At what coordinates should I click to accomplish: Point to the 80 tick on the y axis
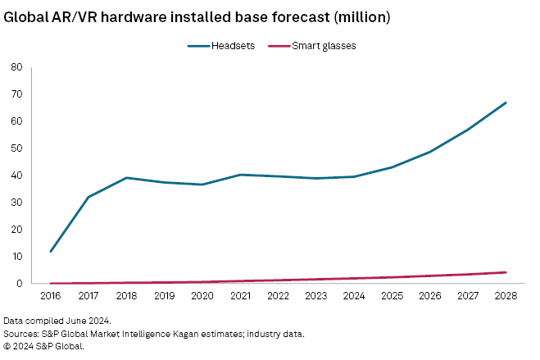click(17, 67)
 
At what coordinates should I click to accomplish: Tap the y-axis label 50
click(17, 148)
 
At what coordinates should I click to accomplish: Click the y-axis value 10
click(17, 257)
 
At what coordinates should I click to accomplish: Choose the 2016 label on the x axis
click(52, 294)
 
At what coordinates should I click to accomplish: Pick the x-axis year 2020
click(203, 294)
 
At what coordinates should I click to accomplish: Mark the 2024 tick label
click(354, 294)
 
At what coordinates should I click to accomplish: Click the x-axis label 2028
click(506, 294)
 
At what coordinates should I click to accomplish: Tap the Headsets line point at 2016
click(52, 251)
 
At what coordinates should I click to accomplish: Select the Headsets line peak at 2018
click(127, 178)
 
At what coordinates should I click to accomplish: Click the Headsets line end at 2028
click(506, 103)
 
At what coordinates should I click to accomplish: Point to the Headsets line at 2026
click(430, 152)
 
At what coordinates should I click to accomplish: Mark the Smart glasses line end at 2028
click(506, 272)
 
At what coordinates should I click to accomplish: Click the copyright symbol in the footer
click(8, 346)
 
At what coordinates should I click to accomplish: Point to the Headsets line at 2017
click(89, 197)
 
